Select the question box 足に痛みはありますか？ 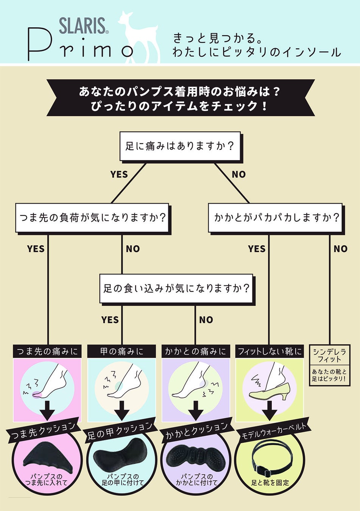(x=180, y=146)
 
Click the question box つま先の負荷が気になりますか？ (x=92, y=218)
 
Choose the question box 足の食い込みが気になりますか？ (x=176, y=288)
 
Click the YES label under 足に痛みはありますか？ (x=119, y=174)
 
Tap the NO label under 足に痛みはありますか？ (x=238, y=174)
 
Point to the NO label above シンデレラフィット (x=340, y=249)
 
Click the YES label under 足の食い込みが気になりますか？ (x=110, y=320)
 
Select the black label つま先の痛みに (x=47, y=351)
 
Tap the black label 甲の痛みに (x=122, y=351)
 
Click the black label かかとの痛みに (x=195, y=351)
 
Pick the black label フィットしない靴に (x=270, y=351)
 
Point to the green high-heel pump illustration (x=270, y=391)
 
